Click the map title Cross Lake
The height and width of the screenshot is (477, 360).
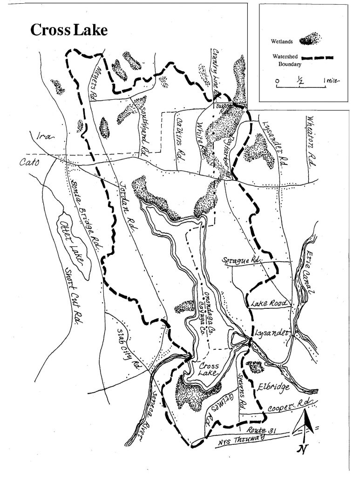(x=69, y=30)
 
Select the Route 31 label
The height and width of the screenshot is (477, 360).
(x=258, y=429)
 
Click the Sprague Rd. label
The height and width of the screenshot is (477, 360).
(x=241, y=260)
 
